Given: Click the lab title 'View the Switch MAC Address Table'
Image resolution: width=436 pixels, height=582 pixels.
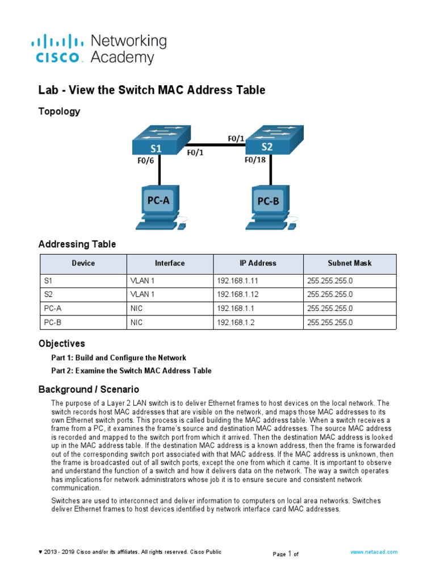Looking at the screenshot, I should (152, 90).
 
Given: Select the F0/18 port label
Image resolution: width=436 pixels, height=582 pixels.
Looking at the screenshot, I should (255, 160).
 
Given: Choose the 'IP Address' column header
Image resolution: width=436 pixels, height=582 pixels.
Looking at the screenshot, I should (258, 263).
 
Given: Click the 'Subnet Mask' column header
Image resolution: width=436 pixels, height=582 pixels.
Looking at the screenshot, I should (350, 263).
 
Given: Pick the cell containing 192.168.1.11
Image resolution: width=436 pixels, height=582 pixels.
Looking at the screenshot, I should (237, 281).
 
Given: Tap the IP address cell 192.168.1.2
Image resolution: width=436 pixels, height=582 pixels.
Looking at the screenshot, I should (235, 322).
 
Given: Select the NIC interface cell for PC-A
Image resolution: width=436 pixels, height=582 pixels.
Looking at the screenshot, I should (136, 309).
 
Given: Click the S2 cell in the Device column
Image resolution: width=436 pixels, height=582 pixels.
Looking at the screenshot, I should (48, 294).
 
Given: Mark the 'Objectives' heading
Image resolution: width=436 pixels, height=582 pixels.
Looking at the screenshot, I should (61, 344).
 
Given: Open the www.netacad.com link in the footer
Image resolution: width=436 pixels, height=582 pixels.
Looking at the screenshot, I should (374, 552).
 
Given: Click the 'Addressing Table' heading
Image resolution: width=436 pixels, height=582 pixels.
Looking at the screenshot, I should (77, 244).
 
